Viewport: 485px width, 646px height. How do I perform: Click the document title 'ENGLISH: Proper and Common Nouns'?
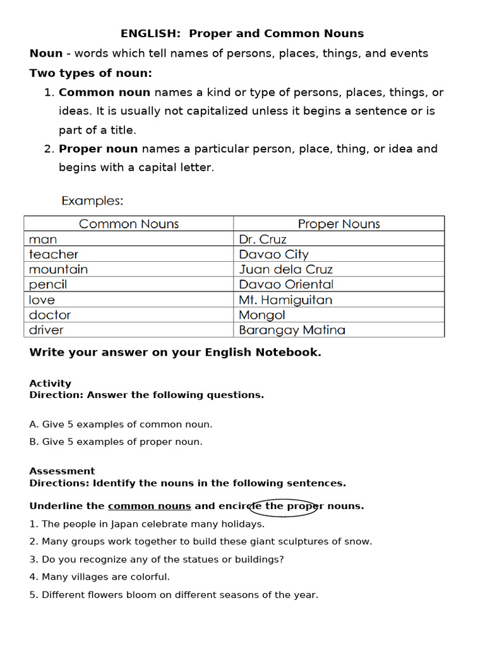(x=242, y=33)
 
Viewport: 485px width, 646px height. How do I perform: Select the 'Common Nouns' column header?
(x=129, y=224)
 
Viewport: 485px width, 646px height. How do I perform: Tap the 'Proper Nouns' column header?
(x=338, y=224)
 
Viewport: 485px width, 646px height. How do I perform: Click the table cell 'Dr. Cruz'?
(x=263, y=239)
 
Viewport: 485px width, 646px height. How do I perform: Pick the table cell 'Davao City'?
(x=273, y=254)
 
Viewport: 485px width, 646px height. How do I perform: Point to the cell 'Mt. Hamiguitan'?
(x=285, y=300)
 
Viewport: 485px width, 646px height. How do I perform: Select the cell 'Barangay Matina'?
(x=292, y=330)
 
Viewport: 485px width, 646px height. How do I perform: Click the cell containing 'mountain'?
(x=58, y=269)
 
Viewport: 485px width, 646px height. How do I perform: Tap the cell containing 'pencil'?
(x=48, y=285)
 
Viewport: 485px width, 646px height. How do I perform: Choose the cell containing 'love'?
(x=42, y=300)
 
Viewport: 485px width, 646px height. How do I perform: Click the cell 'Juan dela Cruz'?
(x=285, y=269)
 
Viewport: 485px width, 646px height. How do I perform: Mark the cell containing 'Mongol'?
(x=262, y=315)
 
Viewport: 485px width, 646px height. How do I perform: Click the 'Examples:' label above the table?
(x=92, y=201)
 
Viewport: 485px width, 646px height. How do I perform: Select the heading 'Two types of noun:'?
(x=90, y=73)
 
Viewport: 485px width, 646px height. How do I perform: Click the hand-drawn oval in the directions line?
(x=284, y=508)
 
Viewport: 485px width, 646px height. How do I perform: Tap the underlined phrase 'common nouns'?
(x=150, y=506)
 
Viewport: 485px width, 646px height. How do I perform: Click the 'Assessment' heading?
(x=62, y=471)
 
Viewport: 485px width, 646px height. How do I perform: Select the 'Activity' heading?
(x=51, y=384)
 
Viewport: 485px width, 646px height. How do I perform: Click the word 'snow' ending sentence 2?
(x=358, y=541)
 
